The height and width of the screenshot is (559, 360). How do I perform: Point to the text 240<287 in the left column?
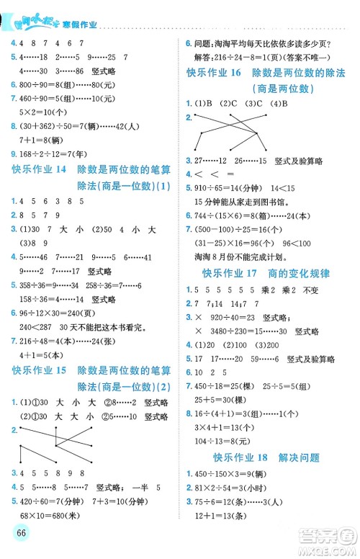pyautogui.click(x=28, y=325)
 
